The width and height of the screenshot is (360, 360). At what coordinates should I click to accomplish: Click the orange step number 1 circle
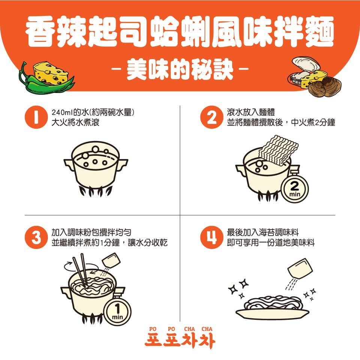pyautogui.click(x=36, y=117)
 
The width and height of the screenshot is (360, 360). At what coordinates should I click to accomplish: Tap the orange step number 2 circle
pyautogui.click(x=211, y=117)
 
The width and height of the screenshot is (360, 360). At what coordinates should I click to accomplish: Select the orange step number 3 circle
pyautogui.click(x=36, y=237)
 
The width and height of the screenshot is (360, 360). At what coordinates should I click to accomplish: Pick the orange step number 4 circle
pyautogui.click(x=211, y=237)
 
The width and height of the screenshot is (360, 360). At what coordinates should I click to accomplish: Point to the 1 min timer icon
pyautogui.click(x=117, y=311)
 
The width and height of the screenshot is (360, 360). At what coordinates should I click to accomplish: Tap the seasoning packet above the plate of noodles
pyautogui.click(x=300, y=268)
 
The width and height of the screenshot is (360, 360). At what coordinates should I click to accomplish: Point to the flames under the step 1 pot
pyautogui.click(x=96, y=191)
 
